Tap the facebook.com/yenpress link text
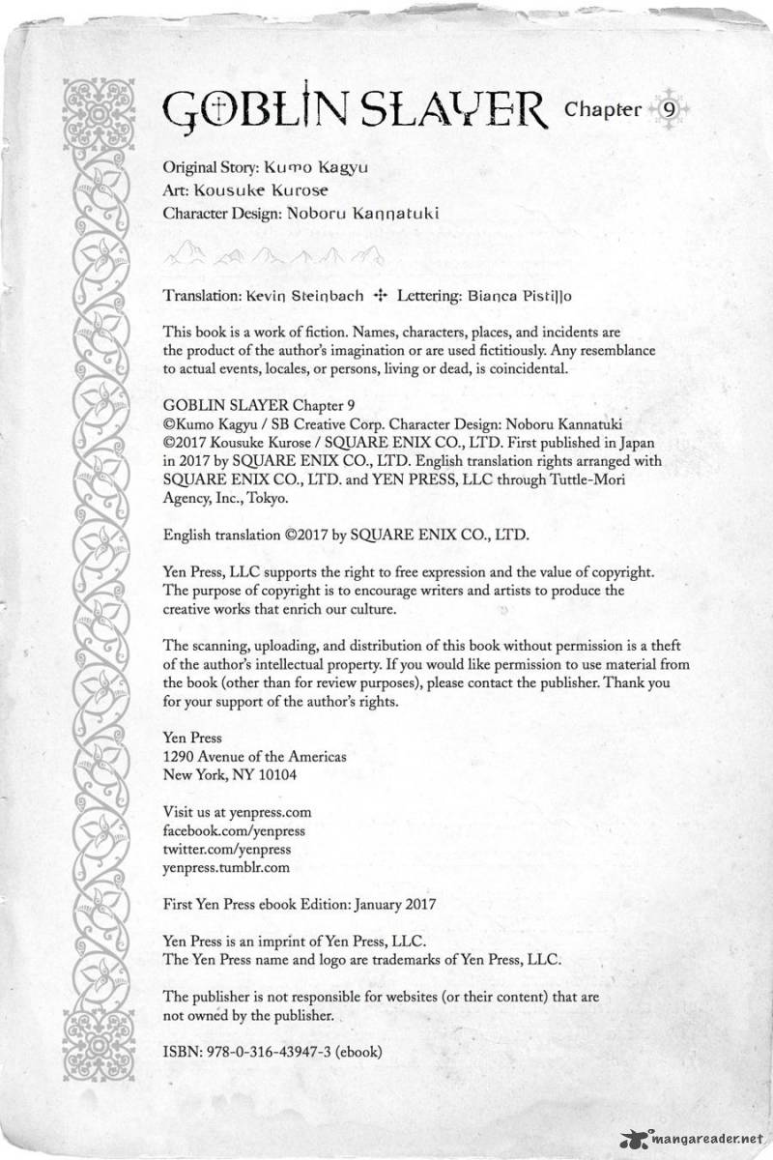click(221, 830)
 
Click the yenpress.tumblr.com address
click(227, 868)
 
